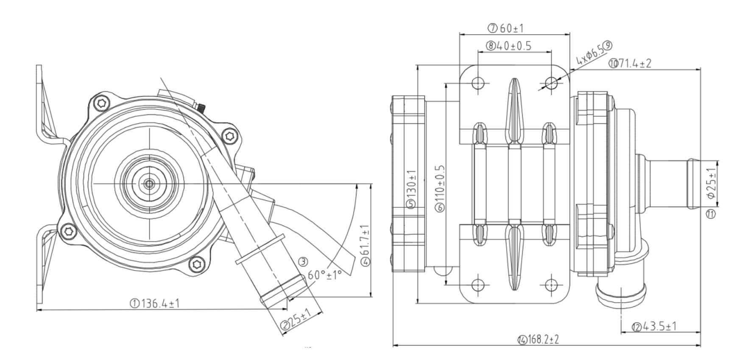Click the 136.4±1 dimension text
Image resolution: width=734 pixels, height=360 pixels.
160,303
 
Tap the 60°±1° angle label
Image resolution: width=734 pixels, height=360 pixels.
324,275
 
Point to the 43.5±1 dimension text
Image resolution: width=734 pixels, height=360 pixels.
660,326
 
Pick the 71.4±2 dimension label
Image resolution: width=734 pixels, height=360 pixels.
634,63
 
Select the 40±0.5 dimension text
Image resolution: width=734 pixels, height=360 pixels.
514,45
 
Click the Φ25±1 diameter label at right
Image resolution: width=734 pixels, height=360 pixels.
712,182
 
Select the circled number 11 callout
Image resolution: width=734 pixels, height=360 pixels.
711,214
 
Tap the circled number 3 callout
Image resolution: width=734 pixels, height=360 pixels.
303,262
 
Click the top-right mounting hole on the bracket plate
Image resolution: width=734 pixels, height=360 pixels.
551,82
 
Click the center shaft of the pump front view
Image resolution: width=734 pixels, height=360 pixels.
149,184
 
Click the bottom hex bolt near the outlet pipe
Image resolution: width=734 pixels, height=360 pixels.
196,264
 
